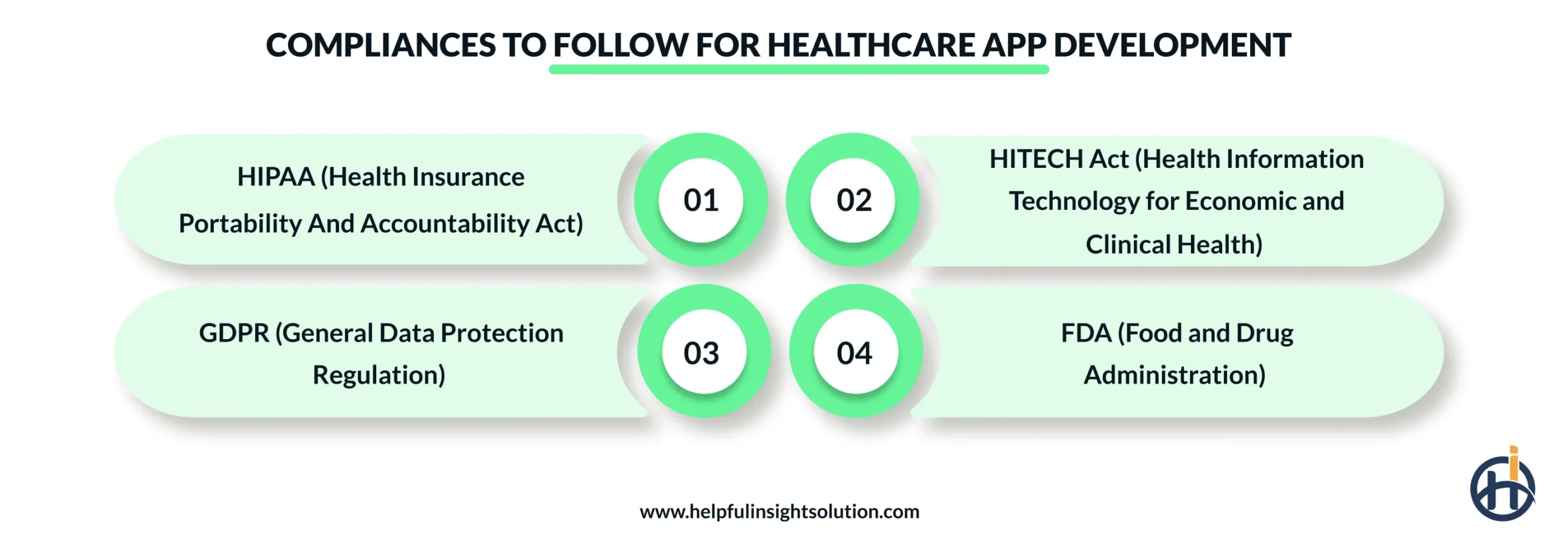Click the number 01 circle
tap(700, 200)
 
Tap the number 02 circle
tap(853, 200)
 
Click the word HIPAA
tap(276, 177)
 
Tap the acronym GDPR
tap(234, 333)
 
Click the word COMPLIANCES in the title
tap(381, 46)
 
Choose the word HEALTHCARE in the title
tap(871, 46)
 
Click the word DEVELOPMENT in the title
tap(1172, 46)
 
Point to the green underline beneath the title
tap(798, 70)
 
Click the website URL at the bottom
tap(779, 512)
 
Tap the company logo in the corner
tap(1502, 487)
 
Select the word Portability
tap(240, 224)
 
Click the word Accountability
tap(445, 224)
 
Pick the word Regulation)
tap(379, 375)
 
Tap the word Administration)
tap(1174, 375)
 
